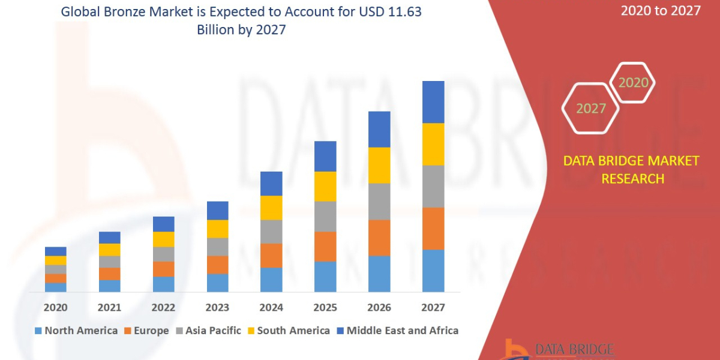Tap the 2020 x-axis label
[56, 307]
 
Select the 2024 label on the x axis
[271, 307]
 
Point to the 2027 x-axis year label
[433, 307]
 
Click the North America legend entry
[76, 331]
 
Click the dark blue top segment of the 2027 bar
[433, 102]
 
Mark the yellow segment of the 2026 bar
[379, 165]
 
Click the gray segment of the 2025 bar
[325, 217]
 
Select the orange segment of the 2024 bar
[271, 256]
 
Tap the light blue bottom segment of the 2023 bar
[217, 283]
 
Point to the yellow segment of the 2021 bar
[109, 250]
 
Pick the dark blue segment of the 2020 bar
[56, 251]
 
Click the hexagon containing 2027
[592, 109]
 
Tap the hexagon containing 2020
[633, 83]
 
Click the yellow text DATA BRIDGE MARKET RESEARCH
[632, 170]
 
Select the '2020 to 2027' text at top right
[661, 11]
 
